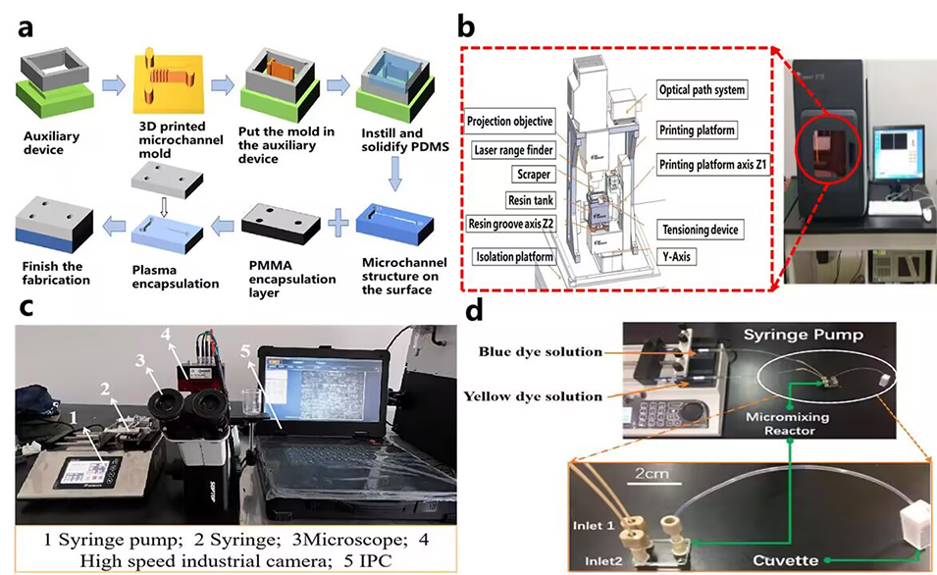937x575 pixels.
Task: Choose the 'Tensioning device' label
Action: [700, 230]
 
